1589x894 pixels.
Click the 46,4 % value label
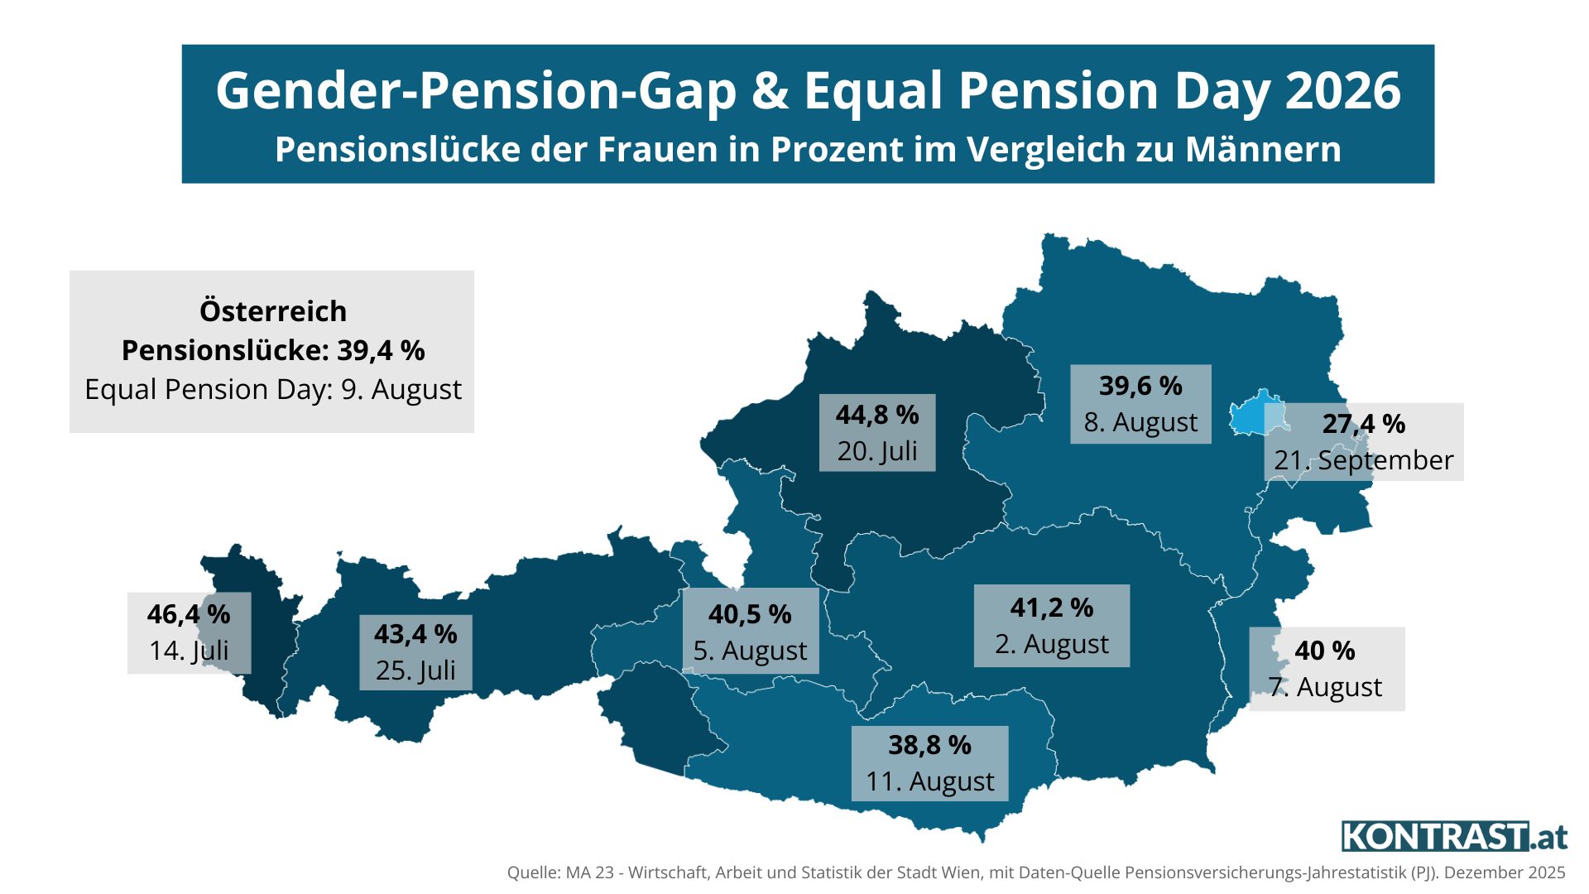[x=189, y=614]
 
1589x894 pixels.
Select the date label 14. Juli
[x=189, y=651]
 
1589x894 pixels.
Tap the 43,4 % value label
[x=415, y=634]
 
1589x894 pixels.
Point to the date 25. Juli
[x=415, y=670]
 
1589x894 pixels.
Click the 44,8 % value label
[x=877, y=415]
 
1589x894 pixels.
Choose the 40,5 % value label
[x=750, y=614]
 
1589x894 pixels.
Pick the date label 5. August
[x=750, y=651]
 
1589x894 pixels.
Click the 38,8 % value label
[x=930, y=745]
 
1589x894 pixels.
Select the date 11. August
[x=930, y=781]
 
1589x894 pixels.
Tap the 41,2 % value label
[x=1052, y=608]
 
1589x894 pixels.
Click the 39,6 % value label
[x=1140, y=386]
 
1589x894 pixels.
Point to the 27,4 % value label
[x=1364, y=424]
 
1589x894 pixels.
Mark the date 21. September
[x=1364, y=460]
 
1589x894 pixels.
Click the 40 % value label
[x=1325, y=651]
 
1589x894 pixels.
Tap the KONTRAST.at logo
[x=1454, y=836]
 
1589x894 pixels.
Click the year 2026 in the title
[x=1342, y=90]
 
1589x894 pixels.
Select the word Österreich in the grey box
[x=273, y=311]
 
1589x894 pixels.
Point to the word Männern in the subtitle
[x=1263, y=150]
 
